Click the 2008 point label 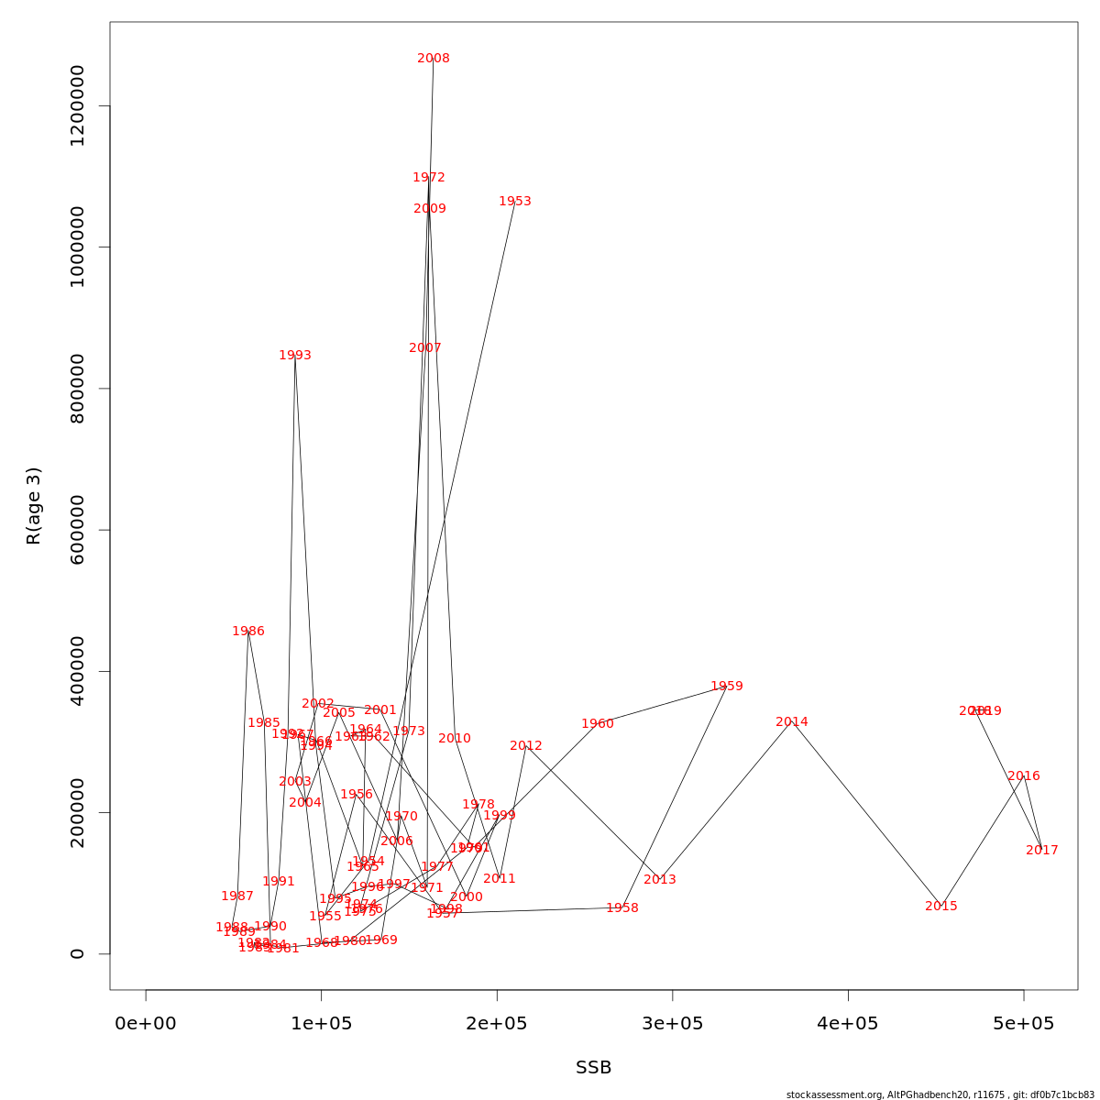434,59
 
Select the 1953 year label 515,202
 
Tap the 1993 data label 295,356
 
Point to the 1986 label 248,632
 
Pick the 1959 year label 727,687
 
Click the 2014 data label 792,722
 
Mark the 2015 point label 941,907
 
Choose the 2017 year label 1042,851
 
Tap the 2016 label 1024,776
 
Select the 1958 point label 622,908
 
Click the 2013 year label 660,880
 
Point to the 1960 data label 598,724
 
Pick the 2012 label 526,746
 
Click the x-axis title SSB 594,1068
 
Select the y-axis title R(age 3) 34,506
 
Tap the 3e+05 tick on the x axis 673,1023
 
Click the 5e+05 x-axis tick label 1024,1023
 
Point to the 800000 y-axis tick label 77,389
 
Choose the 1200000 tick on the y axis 77,105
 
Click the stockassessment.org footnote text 940,1094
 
